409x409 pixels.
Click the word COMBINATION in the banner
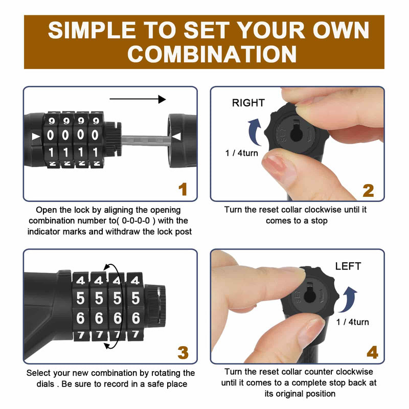212,54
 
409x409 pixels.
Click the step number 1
183,190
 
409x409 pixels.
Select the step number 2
368,191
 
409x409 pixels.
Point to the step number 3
183,352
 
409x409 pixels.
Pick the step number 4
372,352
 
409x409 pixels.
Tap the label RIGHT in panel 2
248,103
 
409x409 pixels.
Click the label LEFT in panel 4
348,266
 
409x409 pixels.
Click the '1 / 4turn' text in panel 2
241,153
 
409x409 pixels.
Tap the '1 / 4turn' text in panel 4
352,322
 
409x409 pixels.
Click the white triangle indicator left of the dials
36,137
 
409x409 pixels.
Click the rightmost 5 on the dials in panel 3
135,299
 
